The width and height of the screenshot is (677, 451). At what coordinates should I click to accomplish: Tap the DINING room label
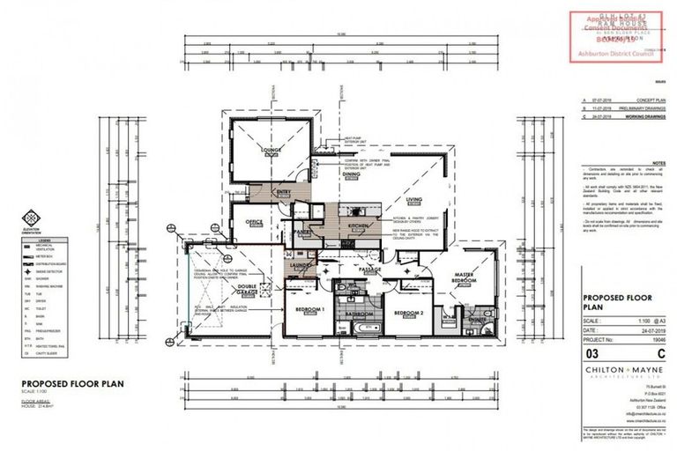point(353,175)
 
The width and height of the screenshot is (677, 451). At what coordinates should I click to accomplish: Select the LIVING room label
point(414,201)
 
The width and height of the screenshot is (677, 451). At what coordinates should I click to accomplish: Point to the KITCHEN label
point(359,227)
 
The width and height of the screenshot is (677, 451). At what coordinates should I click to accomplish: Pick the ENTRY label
point(285,191)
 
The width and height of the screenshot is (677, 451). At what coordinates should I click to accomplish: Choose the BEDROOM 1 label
point(310,311)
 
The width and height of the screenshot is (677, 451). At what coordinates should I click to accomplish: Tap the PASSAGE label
point(369,270)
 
